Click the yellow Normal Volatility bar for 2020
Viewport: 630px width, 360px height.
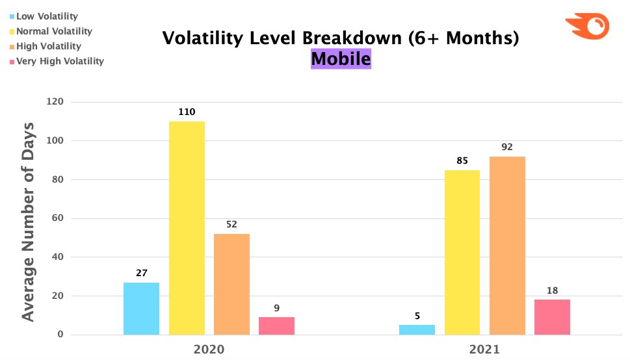187,228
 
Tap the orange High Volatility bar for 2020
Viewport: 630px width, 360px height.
231,284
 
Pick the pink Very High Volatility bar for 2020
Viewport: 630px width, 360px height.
276,326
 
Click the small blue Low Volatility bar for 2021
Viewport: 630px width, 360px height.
417,329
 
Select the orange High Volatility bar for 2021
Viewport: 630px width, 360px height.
507,246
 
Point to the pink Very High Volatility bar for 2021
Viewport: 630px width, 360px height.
552,317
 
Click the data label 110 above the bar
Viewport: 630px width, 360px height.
187,112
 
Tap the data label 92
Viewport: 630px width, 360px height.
507,147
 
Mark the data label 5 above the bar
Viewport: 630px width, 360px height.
417,315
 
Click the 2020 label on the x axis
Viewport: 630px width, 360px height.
209,349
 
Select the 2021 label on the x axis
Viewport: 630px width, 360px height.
484,349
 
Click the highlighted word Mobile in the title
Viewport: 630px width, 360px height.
341,59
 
